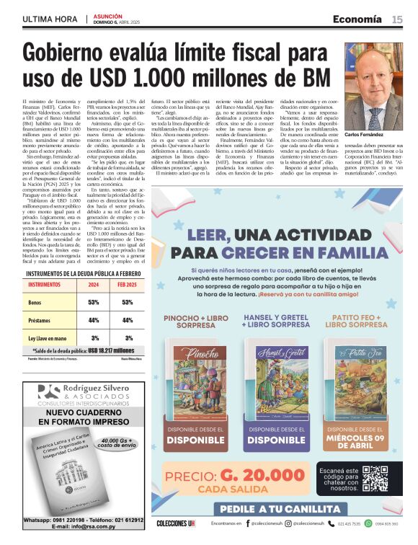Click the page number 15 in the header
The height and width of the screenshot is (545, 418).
tap(397, 19)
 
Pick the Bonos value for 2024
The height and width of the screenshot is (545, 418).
tap(93, 302)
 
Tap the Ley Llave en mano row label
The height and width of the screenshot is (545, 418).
tap(48, 337)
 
